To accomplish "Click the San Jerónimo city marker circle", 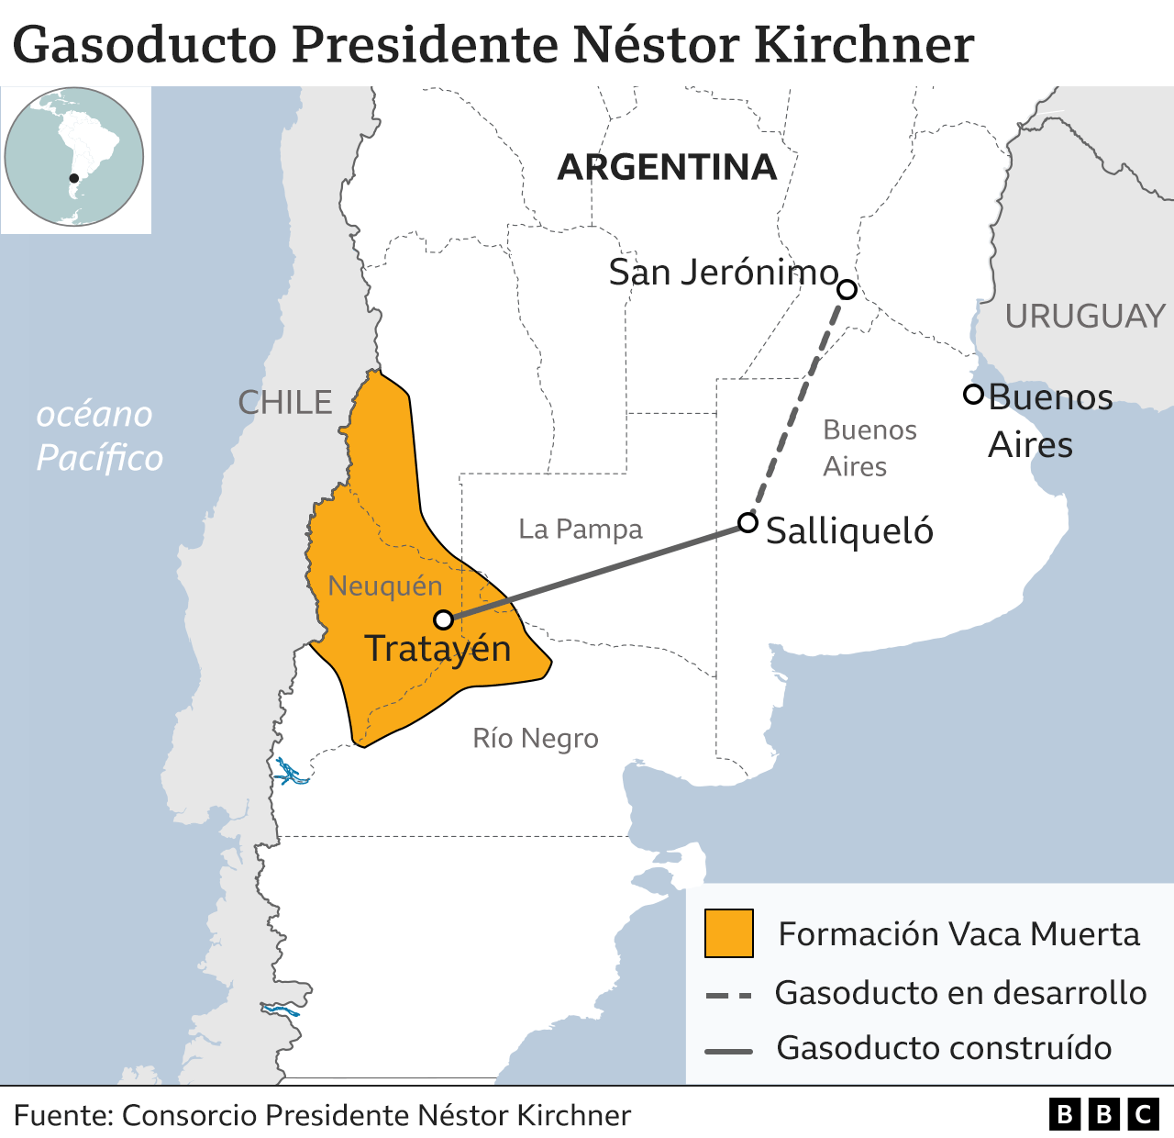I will (847, 290).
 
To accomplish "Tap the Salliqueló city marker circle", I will (748, 523).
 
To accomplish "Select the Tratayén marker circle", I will (444, 619).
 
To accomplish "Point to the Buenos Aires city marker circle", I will (973, 395).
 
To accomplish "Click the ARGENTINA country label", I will (667, 168).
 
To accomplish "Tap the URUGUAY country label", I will (1084, 317).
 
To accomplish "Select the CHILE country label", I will (285, 403).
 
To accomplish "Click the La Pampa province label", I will (581, 530).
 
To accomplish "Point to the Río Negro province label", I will (536, 738).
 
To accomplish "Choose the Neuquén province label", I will (385, 586).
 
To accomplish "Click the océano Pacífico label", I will (97, 436).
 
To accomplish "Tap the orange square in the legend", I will (729, 933).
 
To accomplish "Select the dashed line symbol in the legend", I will (729, 995).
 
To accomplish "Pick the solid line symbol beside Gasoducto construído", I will (729, 1050).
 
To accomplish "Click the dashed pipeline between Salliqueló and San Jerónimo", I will (799, 404).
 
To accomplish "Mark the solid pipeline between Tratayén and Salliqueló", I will (596, 571).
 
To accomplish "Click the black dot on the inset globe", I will (74, 178).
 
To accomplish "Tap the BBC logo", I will (1103, 1114).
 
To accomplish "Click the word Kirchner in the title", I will (863, 44).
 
